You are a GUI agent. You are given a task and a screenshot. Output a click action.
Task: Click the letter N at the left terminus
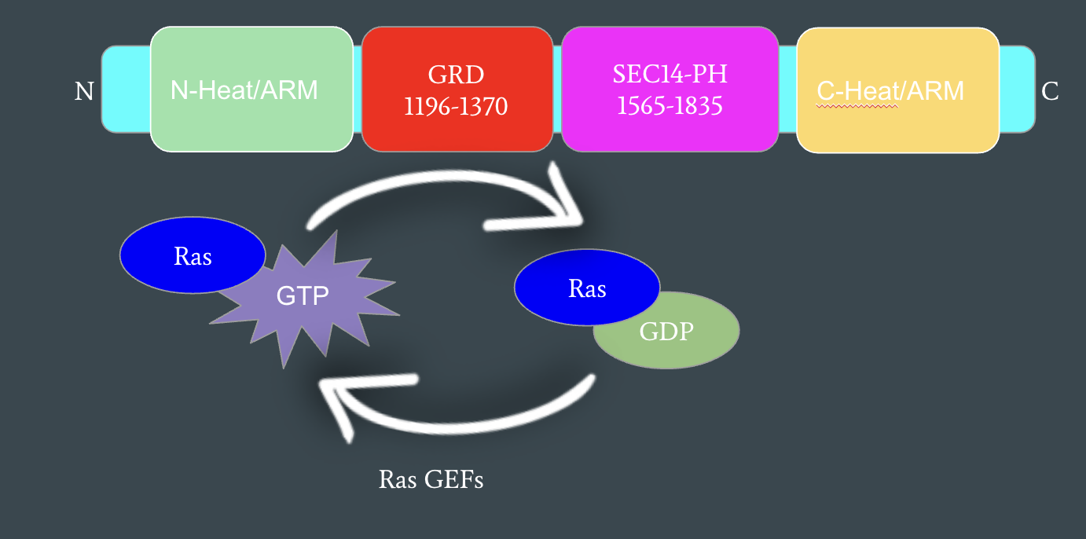[x=84, y=92]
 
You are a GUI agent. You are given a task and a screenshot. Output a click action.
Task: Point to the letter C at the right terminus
[x=1050, y=92]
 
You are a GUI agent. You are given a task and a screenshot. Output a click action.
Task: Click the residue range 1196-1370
[x=457, y=105]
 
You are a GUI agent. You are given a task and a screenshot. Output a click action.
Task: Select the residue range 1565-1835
[x=670, y=105]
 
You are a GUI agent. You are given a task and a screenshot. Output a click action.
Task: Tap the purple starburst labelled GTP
[x=303, y=297]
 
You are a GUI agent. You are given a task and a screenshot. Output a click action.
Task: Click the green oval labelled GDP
[x=666, y=332]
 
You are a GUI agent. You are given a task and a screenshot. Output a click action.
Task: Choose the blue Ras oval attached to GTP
[x=193, y=256]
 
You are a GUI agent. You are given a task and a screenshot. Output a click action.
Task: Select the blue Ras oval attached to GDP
[x=587, y=289]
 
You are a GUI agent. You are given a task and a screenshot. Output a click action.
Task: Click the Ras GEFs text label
[x=431, y=478]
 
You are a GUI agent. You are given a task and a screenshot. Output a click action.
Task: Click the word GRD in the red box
[x=457, y=75]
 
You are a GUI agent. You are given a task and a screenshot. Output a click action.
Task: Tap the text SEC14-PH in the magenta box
[x=670, y=75]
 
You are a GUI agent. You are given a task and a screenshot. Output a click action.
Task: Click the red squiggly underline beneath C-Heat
[x=857, y=105]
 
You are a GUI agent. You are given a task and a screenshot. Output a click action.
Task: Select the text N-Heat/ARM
[x=244, y=90]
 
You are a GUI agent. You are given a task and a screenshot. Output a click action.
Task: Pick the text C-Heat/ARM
[x=890, y=91]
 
